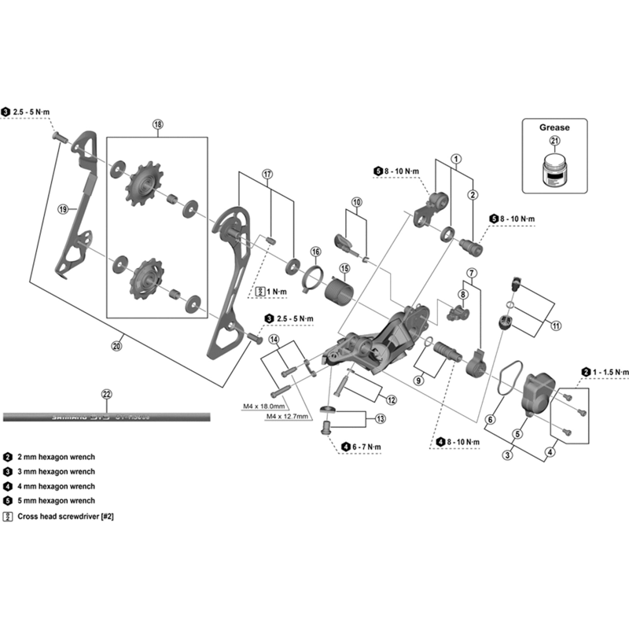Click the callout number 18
[x=157, y=125]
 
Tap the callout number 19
[x=64, y=209]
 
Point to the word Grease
[x=554, y=127]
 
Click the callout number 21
[x=554, y=141]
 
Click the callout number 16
[x=316, y=252]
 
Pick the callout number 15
[x=344, y=267]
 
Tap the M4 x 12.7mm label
[x=290, y=416]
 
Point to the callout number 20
[x=118, y=344]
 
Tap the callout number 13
[x=380, y=418]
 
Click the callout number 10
[x=357, y=202]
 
